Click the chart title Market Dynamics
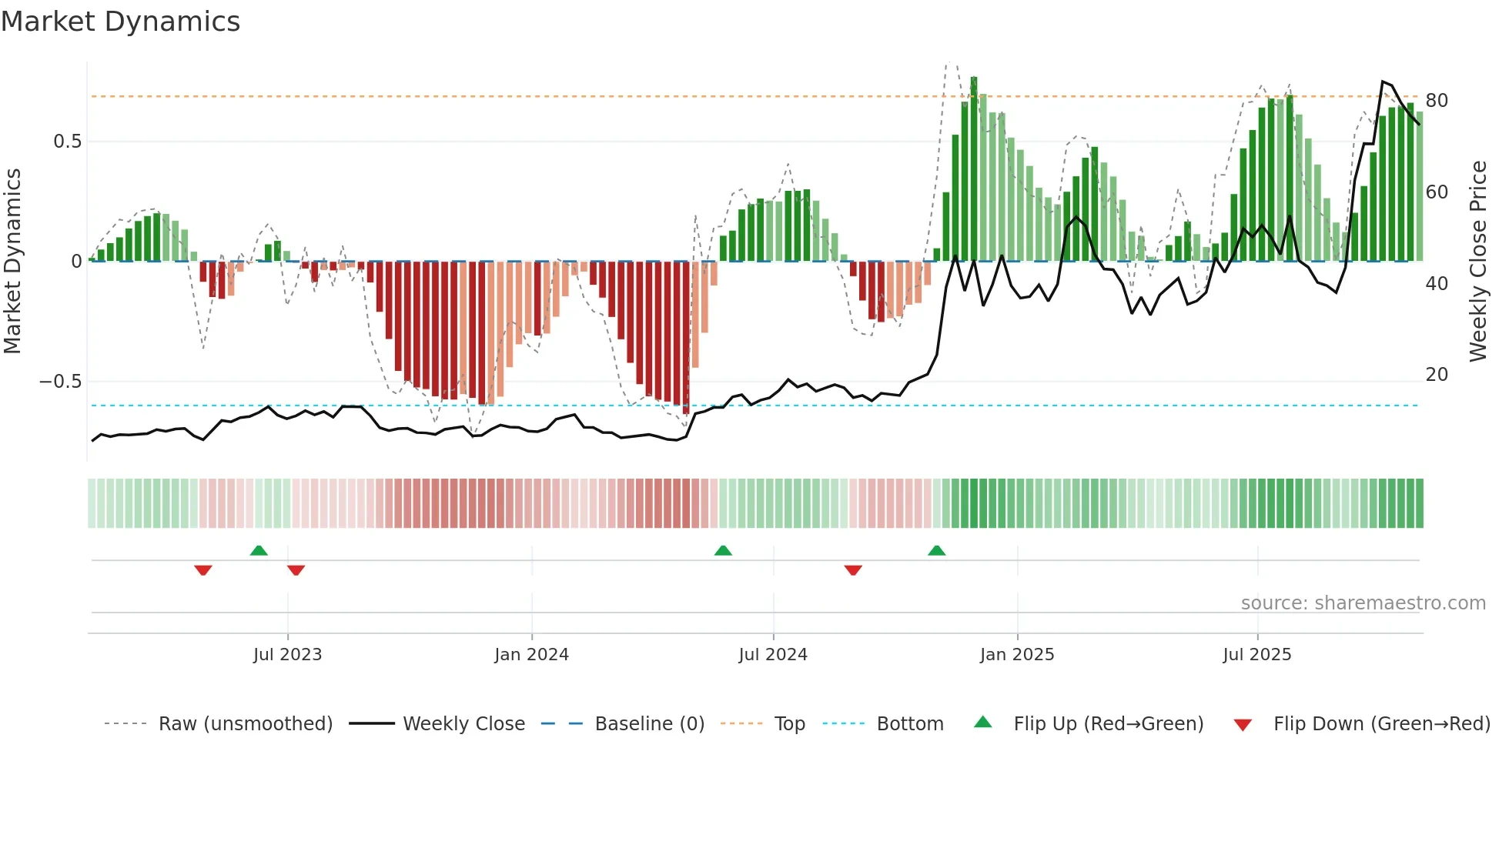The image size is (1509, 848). coord(120,22)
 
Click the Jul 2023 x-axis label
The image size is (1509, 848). coord(287,655)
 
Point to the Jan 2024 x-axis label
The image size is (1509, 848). coord(531,655)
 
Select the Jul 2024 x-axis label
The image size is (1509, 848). coord(773,655)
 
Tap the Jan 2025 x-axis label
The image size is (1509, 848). coord(1017,655)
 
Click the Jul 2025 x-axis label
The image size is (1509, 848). coord(1257,655)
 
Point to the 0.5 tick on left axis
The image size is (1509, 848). coord(68,142)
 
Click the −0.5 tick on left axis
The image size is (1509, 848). coord(60,382)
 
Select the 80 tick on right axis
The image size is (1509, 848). coord(1437,101)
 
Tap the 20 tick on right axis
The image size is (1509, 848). coord(1437,375)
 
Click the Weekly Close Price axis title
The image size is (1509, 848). coord(1478,262)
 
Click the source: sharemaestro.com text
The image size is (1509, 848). coord(1363,603)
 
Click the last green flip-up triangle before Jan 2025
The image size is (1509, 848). coord(936,550)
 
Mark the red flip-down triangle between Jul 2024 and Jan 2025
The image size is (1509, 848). coord(852,570)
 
